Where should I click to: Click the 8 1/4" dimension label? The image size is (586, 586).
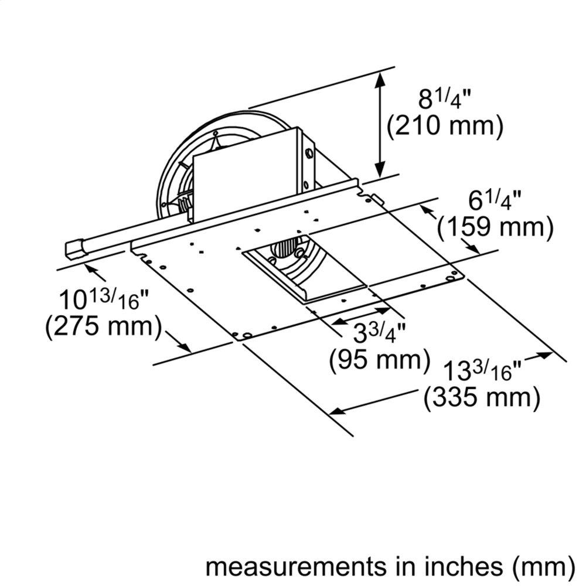pyautogui.click(x=444, y=98)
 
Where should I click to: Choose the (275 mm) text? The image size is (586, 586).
pyautogui.click(x=103, y=327)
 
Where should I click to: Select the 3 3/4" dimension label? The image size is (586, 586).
pyautogui.click(x=379, y=332)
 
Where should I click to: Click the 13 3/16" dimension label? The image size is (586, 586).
pyautogui.click(x=482, y=370)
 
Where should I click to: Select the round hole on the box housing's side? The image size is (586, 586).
pyautogui.click(x=308, y=156)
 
